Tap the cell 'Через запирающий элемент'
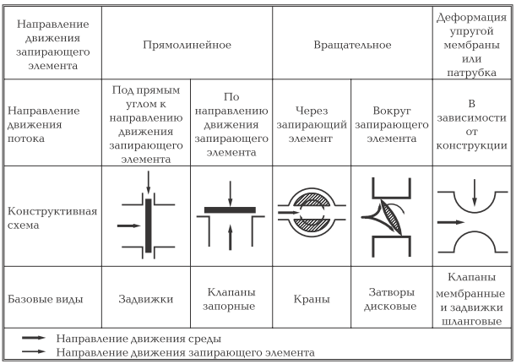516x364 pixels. [312, 122]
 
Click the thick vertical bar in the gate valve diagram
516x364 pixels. [148, 224]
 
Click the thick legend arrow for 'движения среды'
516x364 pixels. [35, 338]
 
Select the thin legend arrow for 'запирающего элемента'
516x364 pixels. [35, 350]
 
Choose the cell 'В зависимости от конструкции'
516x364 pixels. [473, 122]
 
